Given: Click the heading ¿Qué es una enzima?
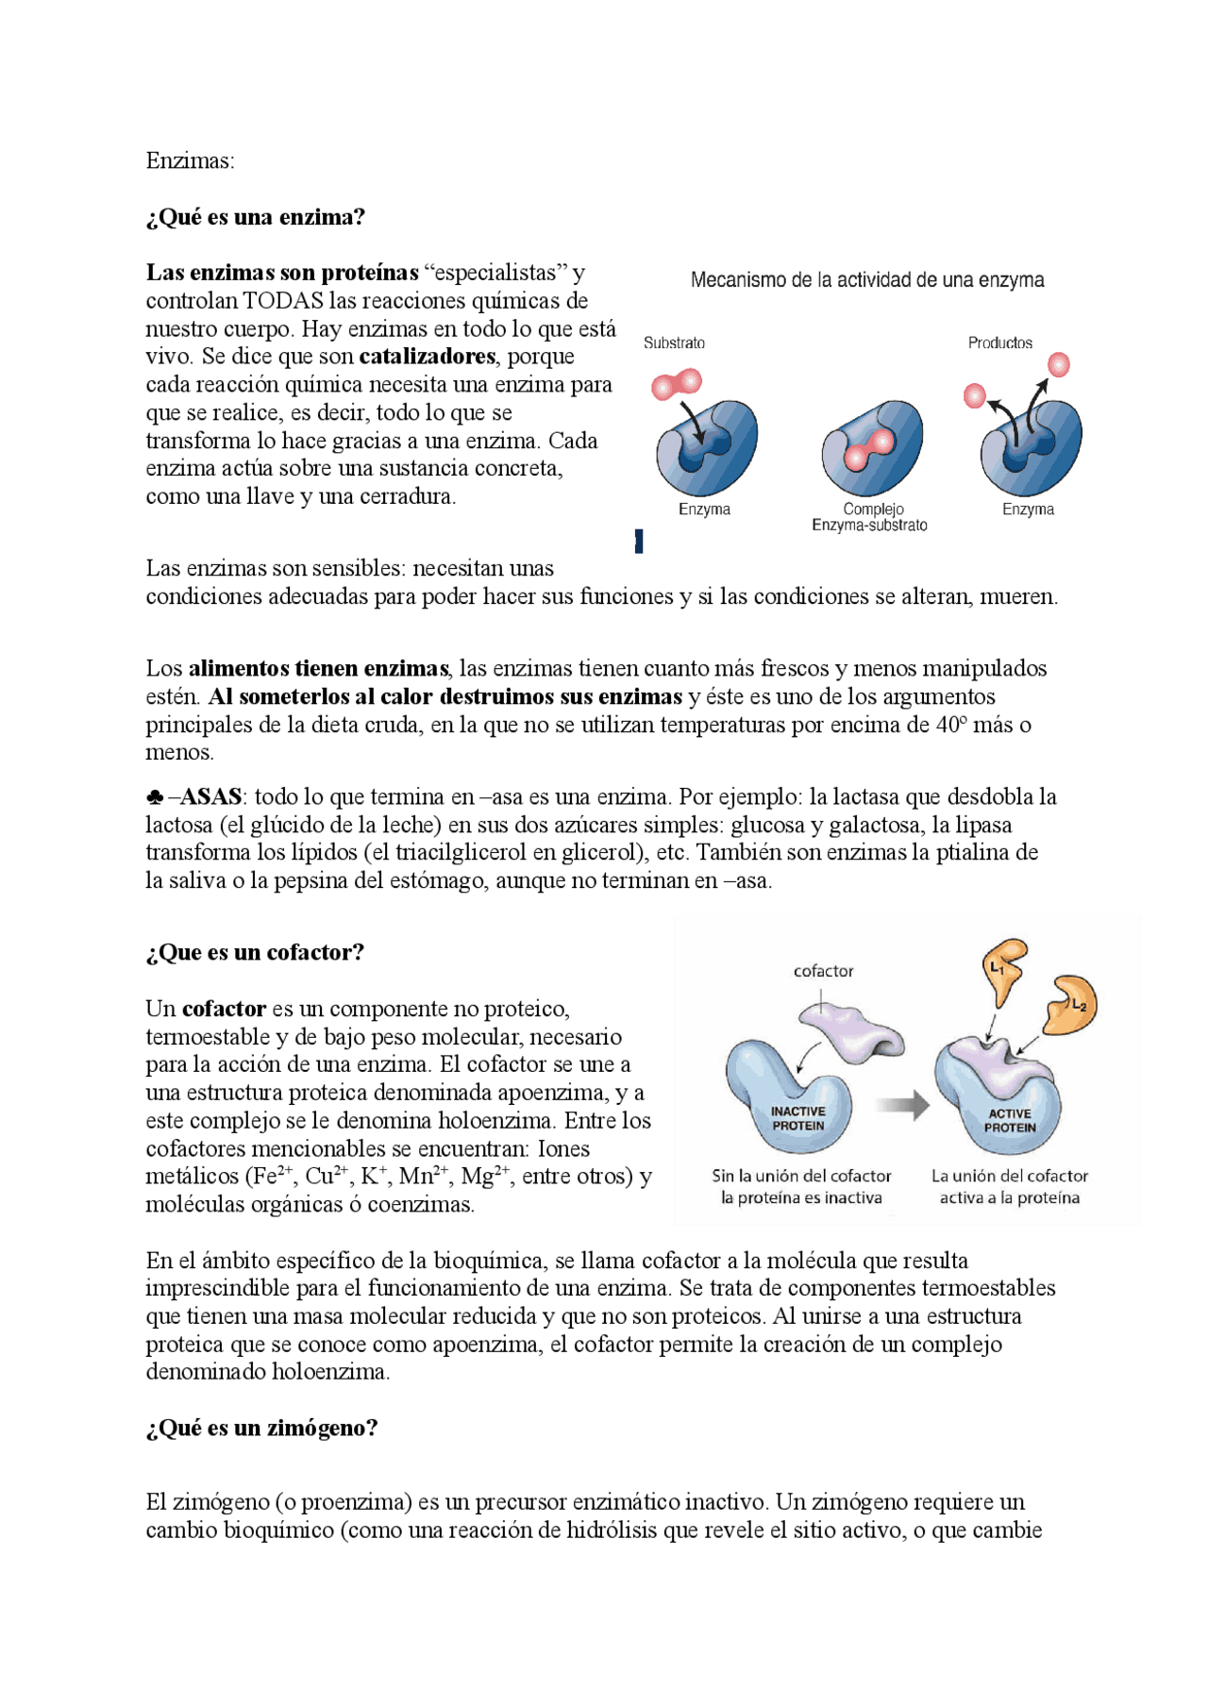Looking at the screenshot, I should tap(255, 217).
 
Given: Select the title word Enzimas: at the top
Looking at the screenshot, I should tap(190, 161).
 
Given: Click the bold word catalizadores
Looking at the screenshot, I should tap(427, 357).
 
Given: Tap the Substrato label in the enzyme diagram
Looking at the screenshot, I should tap(674, 343).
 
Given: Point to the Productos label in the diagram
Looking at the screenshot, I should tap(999, 343).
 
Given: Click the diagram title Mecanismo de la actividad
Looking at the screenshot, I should tap(866, 280).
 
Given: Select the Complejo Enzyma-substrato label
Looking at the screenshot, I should tap(869, 517).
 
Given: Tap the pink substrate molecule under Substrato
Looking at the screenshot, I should tap(676, 384).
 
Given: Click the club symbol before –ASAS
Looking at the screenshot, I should tap(156, 798).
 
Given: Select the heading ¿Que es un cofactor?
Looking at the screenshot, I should tap(255, 953).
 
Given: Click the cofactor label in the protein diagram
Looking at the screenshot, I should tap(823, 971).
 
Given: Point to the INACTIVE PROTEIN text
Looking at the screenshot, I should tap(797, 1119).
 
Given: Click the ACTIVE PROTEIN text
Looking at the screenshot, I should tap(1010, 1121).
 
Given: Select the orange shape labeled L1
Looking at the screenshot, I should tap(1003, 968).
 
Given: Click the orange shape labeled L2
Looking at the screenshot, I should tap(1072, 1004).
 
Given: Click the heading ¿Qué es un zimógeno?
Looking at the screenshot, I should tap(261, 1429).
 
